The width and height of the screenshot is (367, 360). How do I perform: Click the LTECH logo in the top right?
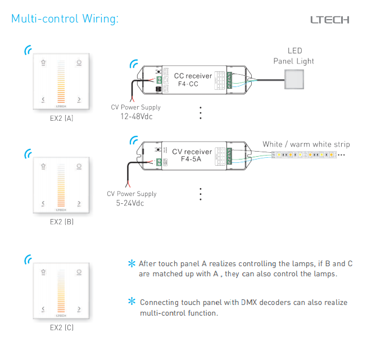pos(330,20)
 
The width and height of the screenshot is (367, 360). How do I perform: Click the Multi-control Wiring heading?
pos(65,19)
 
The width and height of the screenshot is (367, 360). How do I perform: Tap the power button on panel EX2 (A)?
pos(79,63)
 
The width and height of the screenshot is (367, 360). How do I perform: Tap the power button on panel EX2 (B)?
pos(79,167)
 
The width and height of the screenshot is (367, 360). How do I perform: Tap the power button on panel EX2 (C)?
pos(79,272)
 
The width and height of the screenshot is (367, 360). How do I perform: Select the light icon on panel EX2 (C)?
pos(43,272)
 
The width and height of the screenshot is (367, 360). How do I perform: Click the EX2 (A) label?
pos(61,119)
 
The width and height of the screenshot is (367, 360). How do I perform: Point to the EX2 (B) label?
pos(61,222)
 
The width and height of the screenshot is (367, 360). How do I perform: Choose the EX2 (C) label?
pos(61,327)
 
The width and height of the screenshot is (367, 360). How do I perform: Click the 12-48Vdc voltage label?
pos(136,117)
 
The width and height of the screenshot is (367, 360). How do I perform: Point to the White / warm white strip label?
pos(306,144)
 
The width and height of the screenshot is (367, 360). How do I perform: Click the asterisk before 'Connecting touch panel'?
pos(132,302)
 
